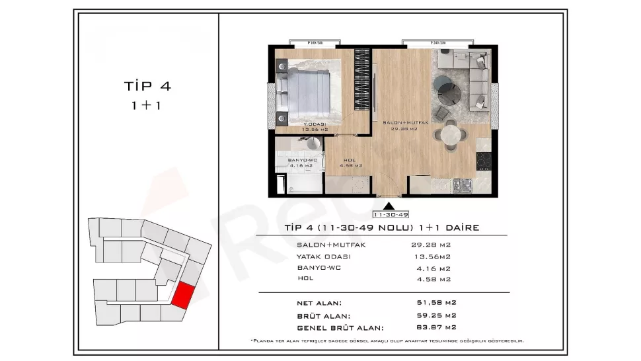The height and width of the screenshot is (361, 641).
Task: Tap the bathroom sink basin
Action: click(313, 145)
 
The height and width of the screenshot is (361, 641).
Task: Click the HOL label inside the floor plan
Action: click(350, 160)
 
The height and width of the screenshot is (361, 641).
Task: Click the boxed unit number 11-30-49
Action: click(391, 215)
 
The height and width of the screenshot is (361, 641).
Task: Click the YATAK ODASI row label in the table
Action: click(324, 257)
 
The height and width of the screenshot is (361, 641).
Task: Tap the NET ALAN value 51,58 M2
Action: click(433, 303)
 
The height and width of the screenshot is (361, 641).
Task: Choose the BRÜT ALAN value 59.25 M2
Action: click(433, 315)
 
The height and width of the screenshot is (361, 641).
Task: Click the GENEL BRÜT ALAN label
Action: click(340, 328)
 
